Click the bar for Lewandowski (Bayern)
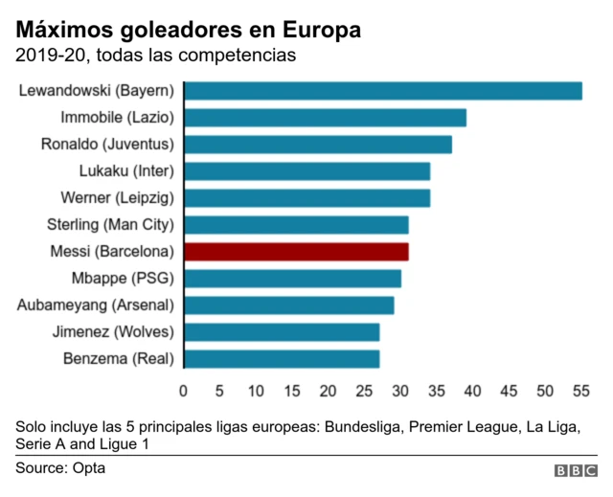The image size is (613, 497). (382, 91)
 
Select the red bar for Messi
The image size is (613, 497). (296, 252)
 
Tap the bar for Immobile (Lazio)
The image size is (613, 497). (325, 118)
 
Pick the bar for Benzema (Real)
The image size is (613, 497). (282, 359)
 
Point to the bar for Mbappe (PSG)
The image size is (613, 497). (292, 279)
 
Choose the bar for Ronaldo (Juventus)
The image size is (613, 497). (317, 145)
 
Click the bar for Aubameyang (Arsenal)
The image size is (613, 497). (288, 305)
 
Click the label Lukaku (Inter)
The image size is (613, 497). (125, 171)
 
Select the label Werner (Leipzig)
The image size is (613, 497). (117, 198)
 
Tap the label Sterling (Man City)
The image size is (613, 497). (110, 225)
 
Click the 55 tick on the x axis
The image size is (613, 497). (580, 391)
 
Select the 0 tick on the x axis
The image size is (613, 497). (184, 391)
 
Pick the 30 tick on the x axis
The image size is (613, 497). (400, 391)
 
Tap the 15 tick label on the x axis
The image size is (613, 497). (292, 391)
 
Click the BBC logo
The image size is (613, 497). (575, 471)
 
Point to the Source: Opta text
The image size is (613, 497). (59, 468)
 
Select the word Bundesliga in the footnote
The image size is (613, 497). (362, 426)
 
